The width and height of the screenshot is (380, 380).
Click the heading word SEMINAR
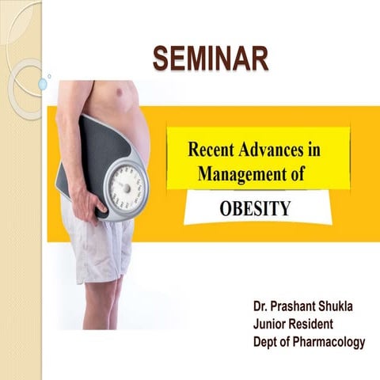[209, 58]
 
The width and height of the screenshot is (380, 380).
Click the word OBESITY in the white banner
[255, 209]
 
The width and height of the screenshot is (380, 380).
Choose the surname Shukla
[341, 306]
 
